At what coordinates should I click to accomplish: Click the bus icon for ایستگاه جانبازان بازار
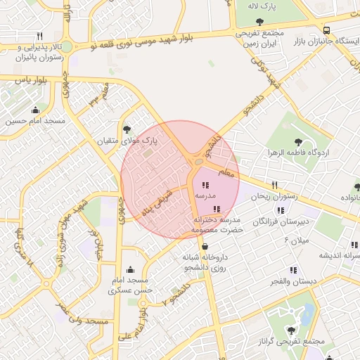(327, 30)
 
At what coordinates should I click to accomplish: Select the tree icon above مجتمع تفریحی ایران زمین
(260, 22)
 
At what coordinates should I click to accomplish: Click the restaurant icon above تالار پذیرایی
(40, 36)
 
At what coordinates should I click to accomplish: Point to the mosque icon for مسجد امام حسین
(36, 110)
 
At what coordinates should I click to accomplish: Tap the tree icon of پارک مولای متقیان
(127, 129)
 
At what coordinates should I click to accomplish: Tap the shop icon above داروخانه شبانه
(204, 247)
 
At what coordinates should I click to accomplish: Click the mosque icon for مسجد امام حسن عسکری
(129, 270)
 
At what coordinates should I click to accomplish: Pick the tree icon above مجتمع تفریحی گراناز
(292, 330)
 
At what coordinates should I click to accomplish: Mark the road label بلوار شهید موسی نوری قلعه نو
(154, 39)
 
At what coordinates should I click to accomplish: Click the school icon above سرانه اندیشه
(354, 245)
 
